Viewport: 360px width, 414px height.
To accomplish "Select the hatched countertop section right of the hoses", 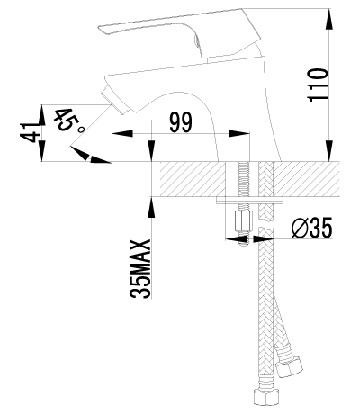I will [310, 178].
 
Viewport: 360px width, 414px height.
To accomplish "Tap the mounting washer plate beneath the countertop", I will [252, 201].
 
